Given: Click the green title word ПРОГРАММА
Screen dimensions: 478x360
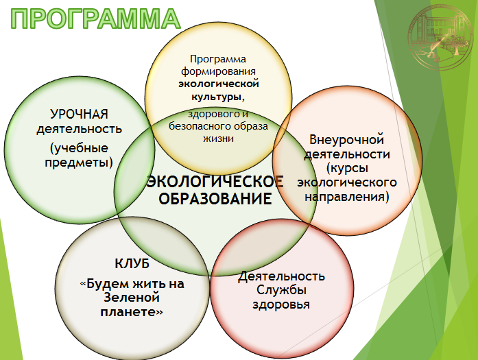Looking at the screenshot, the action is click(x=95, y=19).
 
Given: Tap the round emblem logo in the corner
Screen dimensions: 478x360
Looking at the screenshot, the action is click(x=440, y=37).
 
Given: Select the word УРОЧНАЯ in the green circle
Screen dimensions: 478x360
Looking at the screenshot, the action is click(x=80, y=115).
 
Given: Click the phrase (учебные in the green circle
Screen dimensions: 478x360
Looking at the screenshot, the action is click(x=79, y=148).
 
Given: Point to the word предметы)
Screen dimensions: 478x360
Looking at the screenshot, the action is click(x=79, y=162).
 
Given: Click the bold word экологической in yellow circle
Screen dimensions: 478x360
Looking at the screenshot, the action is click(x=219, y=84).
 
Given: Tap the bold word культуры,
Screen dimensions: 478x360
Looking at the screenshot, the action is click(x=218, y=97).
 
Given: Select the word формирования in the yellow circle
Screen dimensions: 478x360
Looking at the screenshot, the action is click(x=218, y=71).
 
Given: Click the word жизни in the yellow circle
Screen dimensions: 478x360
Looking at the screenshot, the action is click(x=218, y=139).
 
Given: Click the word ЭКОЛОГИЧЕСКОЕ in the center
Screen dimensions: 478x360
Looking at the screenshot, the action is click(x=215, y=182).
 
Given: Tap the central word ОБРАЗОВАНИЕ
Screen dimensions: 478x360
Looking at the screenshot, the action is click(x=215, y=198).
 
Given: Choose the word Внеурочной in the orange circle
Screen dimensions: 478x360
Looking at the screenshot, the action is click(x=346, y=140).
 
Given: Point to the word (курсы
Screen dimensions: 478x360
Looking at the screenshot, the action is click(x=347, y=168).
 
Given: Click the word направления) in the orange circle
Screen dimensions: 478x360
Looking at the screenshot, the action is click(x=347, y=196).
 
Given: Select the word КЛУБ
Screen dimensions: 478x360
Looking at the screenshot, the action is click(x=132, y=264).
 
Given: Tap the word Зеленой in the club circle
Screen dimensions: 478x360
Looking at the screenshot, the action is click(x=132, y=297).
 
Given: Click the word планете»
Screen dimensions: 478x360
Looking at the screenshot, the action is click(x=132, y=312).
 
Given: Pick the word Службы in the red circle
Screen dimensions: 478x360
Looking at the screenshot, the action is click(x=281, y=290).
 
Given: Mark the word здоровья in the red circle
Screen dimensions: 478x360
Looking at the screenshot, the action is click(x=281, y=304).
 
